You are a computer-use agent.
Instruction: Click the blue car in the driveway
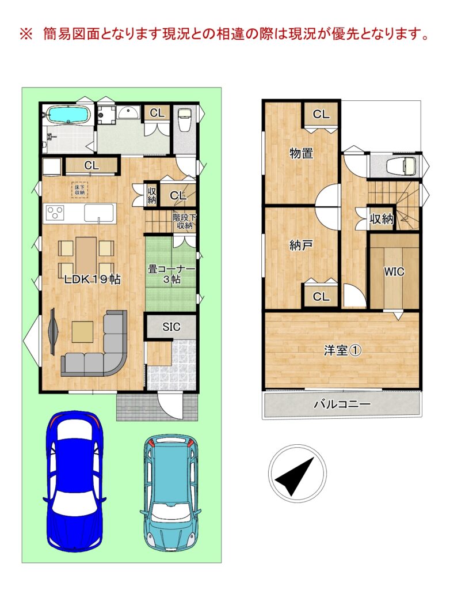click(x=75, y=482)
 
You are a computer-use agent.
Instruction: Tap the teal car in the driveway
click(x=170, y=492)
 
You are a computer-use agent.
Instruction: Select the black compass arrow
click(x=295, y=475)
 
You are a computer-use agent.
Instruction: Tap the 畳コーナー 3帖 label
click(x=171, y=274)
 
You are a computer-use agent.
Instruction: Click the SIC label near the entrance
click(x=171, y=327)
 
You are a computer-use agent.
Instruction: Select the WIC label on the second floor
click(x=394, y=271)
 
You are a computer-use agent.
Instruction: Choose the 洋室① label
click(x=343, y=350)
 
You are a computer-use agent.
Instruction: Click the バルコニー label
click(x=342, y=404)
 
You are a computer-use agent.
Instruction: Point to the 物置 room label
click(x=301, y=153)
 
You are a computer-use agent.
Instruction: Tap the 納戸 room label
click(x=301, y=245)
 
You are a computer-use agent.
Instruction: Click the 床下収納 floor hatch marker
click(x=79, y=189)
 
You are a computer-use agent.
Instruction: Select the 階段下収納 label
click(x=184, y=221)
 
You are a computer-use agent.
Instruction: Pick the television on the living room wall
click(x=52, y=331)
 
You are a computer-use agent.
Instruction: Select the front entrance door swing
click(x=170, y=405)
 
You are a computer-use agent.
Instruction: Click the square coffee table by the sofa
click(x=82, y=332)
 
